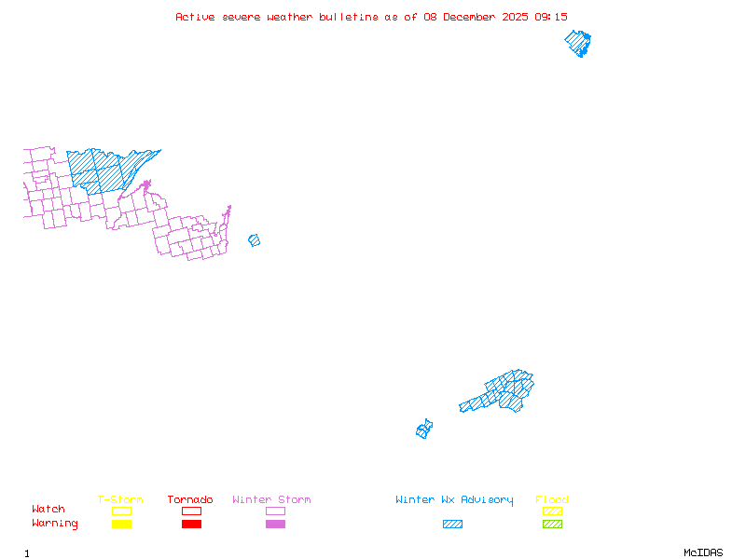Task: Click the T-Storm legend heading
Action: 120,500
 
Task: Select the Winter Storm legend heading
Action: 271,500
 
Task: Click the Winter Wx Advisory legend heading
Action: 454,500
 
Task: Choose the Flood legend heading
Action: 552,500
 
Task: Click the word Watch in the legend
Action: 48,510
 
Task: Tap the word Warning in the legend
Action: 55,524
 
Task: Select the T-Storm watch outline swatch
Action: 121,511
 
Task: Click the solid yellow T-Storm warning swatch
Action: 121,525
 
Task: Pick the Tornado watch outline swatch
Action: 191,511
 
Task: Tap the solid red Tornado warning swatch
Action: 191,525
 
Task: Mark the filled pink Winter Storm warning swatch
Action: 275,525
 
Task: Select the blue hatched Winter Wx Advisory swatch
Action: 452,525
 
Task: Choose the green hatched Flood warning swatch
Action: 552,525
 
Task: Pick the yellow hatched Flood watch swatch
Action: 552,511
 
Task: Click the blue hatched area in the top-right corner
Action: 579,43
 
